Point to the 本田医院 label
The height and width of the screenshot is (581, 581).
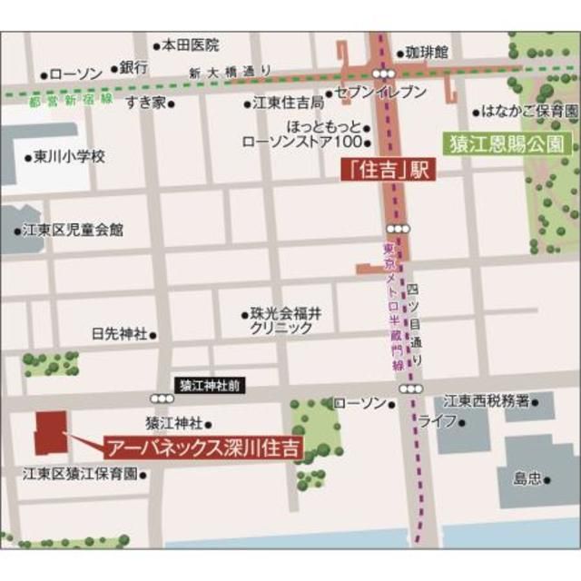tap(191, 44)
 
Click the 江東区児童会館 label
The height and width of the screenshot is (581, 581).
tap(74, 230)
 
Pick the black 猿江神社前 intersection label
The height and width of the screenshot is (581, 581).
tap(209, 385)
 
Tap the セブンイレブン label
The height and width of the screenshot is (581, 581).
tap(380, 93)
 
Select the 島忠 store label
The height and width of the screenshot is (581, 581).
tap(527, 477)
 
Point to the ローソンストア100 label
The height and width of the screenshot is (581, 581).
tap(302, 142)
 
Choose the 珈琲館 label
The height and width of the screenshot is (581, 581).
tap(427, 53)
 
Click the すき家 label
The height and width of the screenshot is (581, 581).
tap(145, 102)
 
